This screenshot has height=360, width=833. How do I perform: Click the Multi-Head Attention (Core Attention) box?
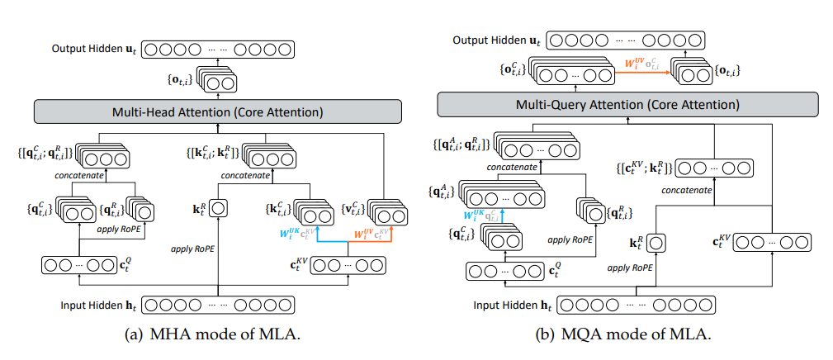pyautogui.click(x=217, y=111)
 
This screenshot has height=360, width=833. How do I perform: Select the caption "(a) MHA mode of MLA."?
pyautogui.click(x=217, y=341)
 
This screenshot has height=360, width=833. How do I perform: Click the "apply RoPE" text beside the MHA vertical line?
pyautogui.click(x=192, y=247)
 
